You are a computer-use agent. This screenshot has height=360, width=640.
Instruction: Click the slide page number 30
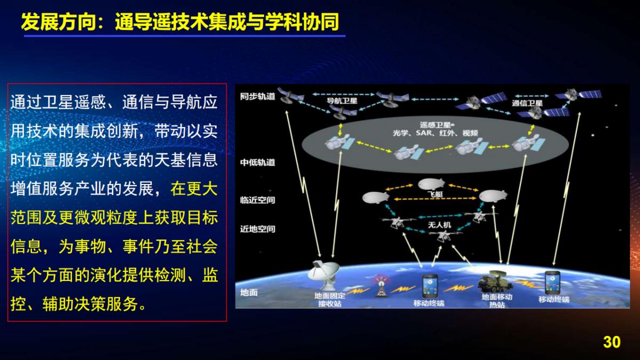[612, 342]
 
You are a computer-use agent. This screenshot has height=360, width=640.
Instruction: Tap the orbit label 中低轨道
[258, 162]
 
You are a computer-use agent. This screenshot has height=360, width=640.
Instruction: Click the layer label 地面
[249, 292]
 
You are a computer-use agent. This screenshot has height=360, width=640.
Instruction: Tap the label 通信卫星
[527, 103]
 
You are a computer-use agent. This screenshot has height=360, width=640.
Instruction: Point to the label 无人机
[439, 225]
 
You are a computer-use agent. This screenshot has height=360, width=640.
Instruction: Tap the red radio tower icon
[381, 286]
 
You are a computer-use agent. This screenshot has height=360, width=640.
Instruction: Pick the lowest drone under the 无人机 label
[442, 236]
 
